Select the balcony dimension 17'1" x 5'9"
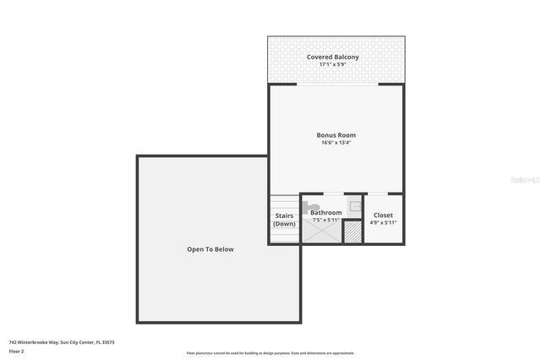[x=336, y=64]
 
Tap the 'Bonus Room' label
[x=336, y=135]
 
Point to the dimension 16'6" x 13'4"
[x=336, y=143]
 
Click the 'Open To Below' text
[x=210, y=249]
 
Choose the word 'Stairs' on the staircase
[x=284, y=215]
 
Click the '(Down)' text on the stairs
[x=284, y=224]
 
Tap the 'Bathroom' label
[x=325, y=212]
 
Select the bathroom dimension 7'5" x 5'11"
[x=325, y=220]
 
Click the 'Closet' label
[x=383, y=215]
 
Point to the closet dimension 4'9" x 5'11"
[x=383, y=224]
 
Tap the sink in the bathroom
[x=356, y=205]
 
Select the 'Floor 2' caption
[x=17, y=351]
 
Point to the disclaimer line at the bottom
[x=270, y=353]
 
